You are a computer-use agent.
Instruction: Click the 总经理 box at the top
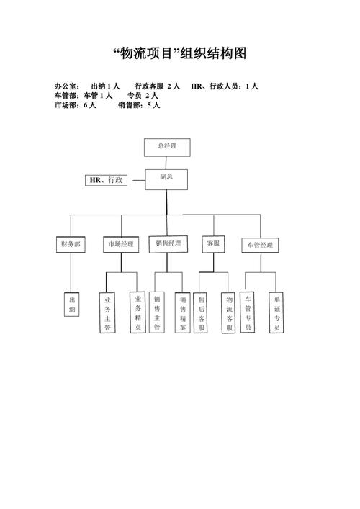(166, 146)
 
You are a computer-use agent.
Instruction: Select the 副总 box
(166, 179)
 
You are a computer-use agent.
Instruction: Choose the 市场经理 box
(121, 244)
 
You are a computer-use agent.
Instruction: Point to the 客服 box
(213, 243)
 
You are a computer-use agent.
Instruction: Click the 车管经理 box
(260, 245)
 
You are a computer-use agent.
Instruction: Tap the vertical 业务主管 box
(107, 312)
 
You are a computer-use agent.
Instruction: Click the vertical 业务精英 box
(138, 312)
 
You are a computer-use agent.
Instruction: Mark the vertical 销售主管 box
(158, 312)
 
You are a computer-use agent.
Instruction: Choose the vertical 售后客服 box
(202, 312)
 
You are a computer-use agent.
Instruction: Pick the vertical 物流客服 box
(230, 312)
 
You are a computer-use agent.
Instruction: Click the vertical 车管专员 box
(248, 312)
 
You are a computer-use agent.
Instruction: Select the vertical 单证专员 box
(276, 312)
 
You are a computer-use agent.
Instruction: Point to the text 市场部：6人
(75, 105)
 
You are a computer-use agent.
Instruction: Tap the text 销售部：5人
(139, 105)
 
